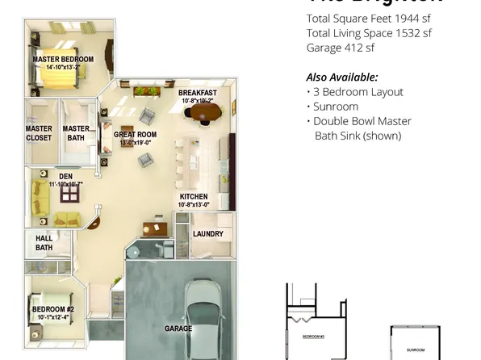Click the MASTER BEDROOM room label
tap(62, 60)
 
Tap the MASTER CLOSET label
tap(39, 133)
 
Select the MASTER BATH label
tap(76, 133)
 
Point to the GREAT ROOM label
tap(135, 135)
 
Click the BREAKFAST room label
tap(197, 93)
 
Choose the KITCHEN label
tap(194, 196)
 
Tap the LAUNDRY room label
tap(208, 234)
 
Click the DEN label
tap(65, 175)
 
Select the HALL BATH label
tap(44, 242)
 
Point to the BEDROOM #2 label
tap(52, 309)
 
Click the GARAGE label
tap(178, 329)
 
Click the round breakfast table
tap(201, 114)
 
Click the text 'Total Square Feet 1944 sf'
tap(368, 19)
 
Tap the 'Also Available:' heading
tap(341, 77)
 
